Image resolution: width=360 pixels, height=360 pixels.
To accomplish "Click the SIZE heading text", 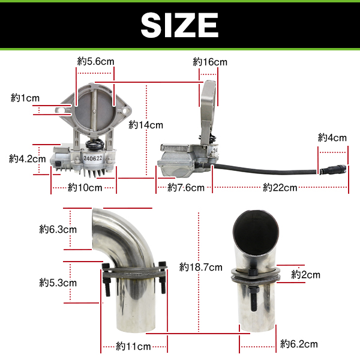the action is point(179,25).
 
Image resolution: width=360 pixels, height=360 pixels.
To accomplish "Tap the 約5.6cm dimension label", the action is point(95,62).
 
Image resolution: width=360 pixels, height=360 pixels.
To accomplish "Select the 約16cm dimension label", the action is point(210,62).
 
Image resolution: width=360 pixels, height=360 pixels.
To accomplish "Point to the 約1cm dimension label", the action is point(25,98).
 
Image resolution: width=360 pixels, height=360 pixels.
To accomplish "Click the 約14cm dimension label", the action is point(146,125).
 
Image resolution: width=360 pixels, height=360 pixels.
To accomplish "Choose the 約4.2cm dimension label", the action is point(28,158).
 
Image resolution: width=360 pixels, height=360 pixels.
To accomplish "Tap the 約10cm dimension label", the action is point(85,188).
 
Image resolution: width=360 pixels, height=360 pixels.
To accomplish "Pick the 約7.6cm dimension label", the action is point(186,188).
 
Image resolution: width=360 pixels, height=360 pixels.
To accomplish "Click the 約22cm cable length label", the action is point(280,188).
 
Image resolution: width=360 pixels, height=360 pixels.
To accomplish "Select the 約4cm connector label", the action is point(332,138).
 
